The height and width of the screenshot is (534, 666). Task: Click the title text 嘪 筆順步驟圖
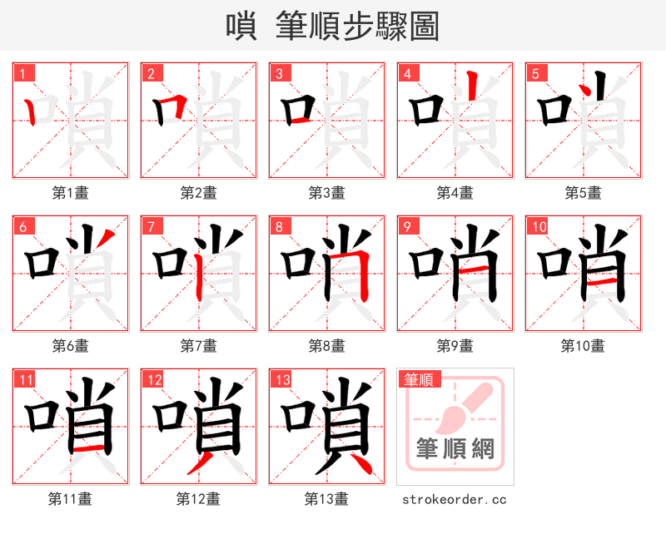tap(332, 27)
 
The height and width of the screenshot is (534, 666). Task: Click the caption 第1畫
tap(71, 193)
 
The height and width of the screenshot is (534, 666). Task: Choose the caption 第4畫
tap(455, 193)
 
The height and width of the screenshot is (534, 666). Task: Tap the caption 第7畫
tap(199, 346)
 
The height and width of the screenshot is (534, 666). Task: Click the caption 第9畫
tap(455, 346)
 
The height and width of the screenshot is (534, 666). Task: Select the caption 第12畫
tap(198, 499)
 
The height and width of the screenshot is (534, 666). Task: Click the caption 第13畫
tap(326, 499)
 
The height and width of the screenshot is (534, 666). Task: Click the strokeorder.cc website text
tap(455, 500)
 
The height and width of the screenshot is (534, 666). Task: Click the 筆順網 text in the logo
tap(455, 450)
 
